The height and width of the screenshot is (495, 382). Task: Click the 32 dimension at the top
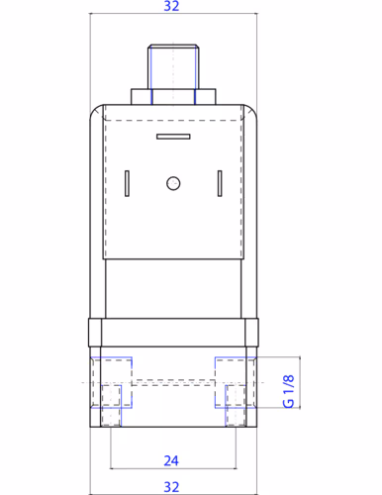click(171, 6)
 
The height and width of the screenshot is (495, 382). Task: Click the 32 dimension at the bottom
click(171, 487)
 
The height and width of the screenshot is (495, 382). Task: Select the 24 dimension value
click(171, 460)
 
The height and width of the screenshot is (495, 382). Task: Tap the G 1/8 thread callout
click(288, 391)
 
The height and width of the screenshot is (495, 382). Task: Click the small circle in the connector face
click(173, 183)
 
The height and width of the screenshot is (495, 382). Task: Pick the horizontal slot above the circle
click(173, 137)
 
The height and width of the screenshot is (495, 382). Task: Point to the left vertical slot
click(127, 183)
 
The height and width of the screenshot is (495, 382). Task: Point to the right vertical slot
click(220, 183)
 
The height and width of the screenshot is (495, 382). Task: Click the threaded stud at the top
click(173, 66)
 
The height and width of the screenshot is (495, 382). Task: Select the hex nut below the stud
click(173, 97)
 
